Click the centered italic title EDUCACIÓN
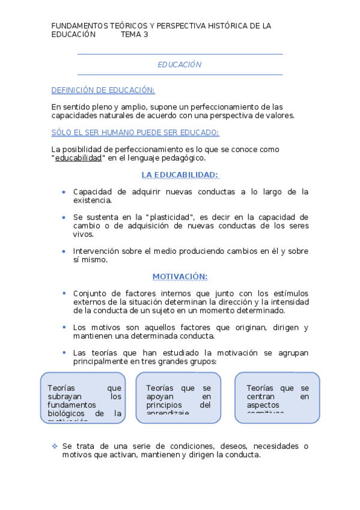pyautogui.click(x=180, y=64)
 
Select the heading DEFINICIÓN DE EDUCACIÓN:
pyautogui.click(x=103, y=90)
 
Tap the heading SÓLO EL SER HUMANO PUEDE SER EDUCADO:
pyautogui.click(x=135, y=132)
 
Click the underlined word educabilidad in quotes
pyautogui.click(x=78, y=158)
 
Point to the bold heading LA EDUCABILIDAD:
pyautogui.click(x=180, y=175)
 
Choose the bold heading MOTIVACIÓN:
pyautogui.click(x=180, y=277)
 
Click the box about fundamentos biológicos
pyautogui.click(x=83, y=398)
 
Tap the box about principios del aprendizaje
pyautogui.click(x=178, y=398)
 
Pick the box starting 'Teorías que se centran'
pyautogui.click(x=277, y=398)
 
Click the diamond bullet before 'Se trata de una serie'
pyautogui.click(x=54, y=446)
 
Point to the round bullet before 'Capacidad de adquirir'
pyautogui.click(x=64, y=192)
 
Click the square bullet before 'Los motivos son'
pyautogui.click(x=64, y=327)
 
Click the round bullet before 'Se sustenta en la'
pyautogui.click(x=64, y=217)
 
